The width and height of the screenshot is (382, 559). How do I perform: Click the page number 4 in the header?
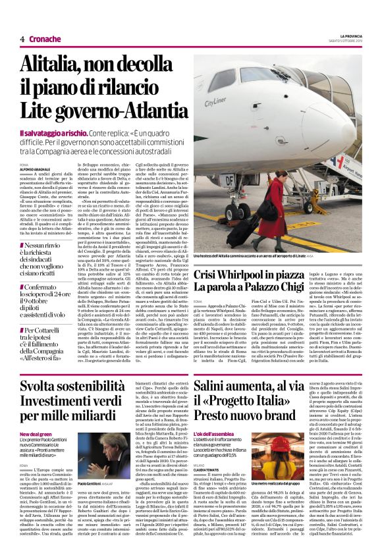click(x=22, y=40)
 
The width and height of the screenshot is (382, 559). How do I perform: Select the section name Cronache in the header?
click(x=45, y=40)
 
